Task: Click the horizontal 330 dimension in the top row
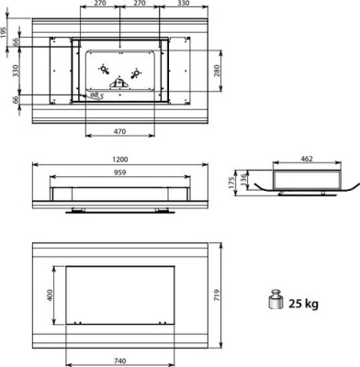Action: click(x=184, y=6)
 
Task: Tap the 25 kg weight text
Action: click(x=304, y=304)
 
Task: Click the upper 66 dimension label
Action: click(x=16, y=41)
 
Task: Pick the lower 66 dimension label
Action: click(x=16, y=100)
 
